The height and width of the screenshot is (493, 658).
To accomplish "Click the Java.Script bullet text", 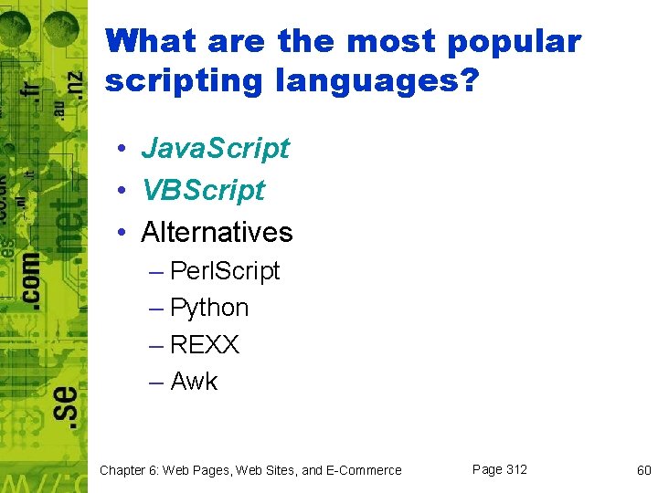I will [215, 148].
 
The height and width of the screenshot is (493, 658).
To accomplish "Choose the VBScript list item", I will [203, 190].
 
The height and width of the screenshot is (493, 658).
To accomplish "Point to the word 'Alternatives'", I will [217, 232].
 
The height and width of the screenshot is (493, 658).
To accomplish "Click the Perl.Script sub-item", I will [225, 271].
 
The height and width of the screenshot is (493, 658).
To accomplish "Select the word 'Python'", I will [209, 308].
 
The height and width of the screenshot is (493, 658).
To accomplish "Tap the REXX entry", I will [205, 345].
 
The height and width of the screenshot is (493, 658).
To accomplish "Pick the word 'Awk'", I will [194, 382].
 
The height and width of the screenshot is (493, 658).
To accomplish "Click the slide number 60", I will [643, 470].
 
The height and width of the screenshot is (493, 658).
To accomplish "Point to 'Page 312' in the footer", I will [499, 469].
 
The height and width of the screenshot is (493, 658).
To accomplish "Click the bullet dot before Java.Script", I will [121, 150].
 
